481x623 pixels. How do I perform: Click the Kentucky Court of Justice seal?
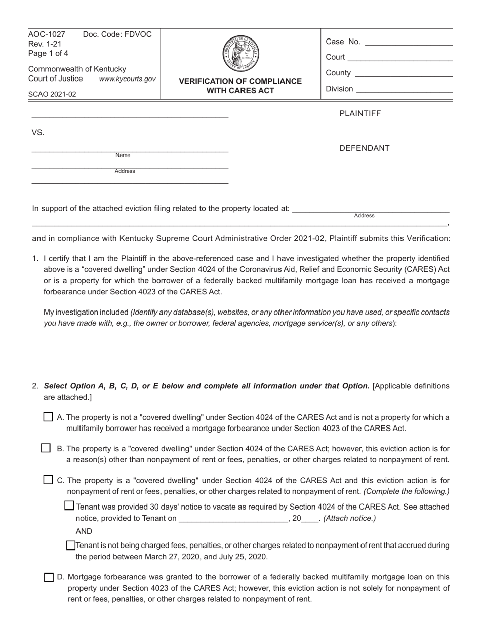pyautogui.click(x=240, y=54)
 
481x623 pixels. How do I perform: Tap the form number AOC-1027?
pyautogui.click(x=47, y=34)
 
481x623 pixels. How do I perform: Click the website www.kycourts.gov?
pyautogui.click(x=127, y=79)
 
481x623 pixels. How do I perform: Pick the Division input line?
pyautogui.click(x=405, y=90)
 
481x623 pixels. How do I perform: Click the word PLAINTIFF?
pyautogui.click(x=359, y=113)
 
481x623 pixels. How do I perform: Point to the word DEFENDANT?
pyautogui.click(x=364, y=148)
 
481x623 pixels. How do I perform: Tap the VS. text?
pyautogui.click(x=38, y=133)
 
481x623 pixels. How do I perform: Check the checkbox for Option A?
pyautogui.click(x=48, y=417)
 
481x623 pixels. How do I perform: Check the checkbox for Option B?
pyautogui.click(x=46, y=448)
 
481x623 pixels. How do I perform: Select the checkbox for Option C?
pyautogui.click(x=48, y=480)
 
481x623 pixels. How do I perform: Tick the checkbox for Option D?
pyautogui.click(x=49, y=577)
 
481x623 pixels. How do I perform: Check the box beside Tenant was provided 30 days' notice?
pyautogui.click(x=70, y=505)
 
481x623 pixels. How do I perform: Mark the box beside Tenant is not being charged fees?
pyautogui.click(x=71, y=546)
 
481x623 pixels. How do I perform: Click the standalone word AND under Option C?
pyautogui.click(x=84, y=531)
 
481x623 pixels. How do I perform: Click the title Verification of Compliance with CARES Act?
pyautogui.click(x=240, y=86)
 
